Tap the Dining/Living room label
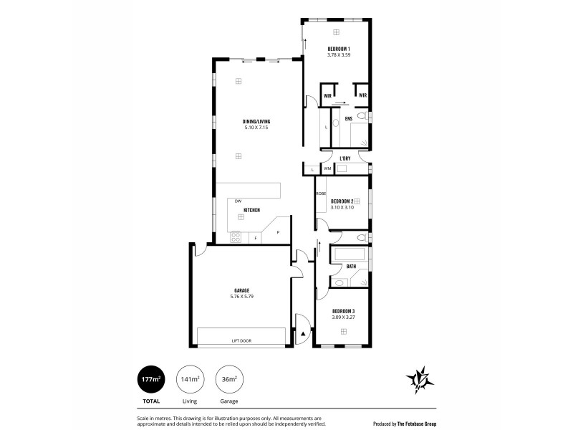tap(256, 123)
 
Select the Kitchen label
tap(251, 209)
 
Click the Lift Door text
tap(241, 340)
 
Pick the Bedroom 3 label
tap(344, 311)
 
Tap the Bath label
tap(351, 267)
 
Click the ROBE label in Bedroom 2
tap(321, 193)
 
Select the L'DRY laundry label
tap(345, 158)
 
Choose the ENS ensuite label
tap(348, 118)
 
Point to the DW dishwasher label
tap(237, 201)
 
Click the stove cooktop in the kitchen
tap(236, 235)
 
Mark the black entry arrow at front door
tap(304, 333)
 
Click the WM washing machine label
tap(327, 169)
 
